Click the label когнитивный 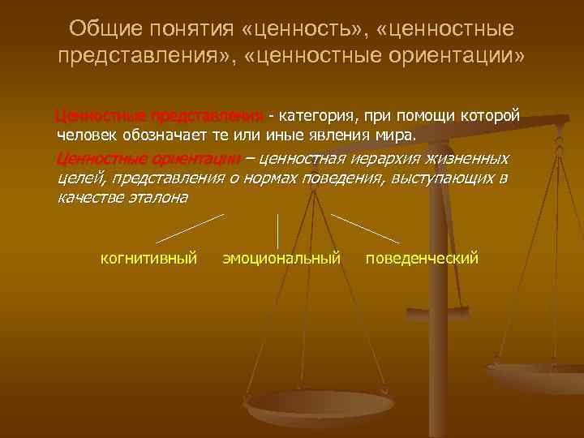[148, 259]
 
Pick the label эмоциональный [281, 259]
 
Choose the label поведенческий [422, 259]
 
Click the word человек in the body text [88, 134]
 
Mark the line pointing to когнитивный [190, 228]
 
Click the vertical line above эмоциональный [278, 230]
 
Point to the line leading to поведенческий [365, 228]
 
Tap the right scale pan [539, 377]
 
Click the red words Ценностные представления [159, 115]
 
